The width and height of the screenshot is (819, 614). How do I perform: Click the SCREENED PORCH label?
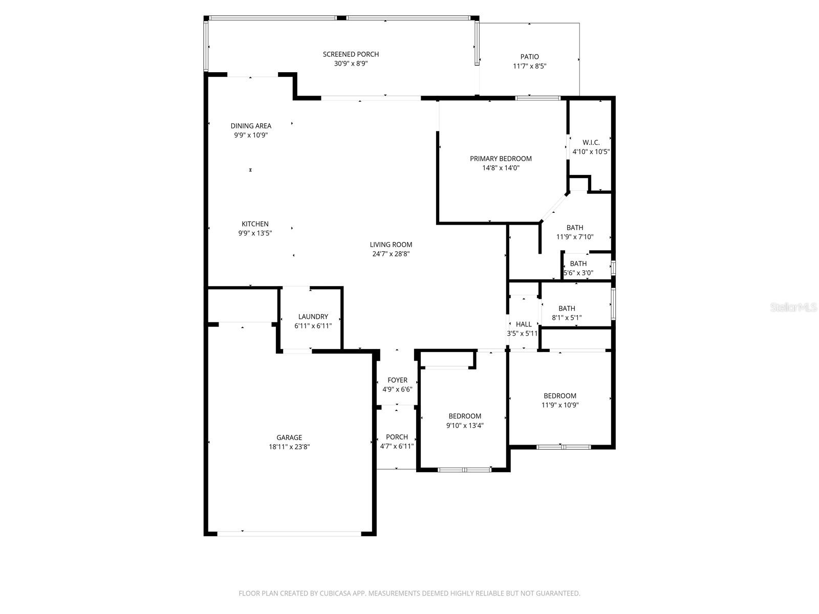[x=351, y=54]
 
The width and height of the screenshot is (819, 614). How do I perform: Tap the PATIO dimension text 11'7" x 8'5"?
[x=530, y=66]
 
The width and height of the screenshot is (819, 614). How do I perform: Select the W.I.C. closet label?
[x=591, y=142]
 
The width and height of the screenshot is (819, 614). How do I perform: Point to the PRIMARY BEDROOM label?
[x=501, y=159]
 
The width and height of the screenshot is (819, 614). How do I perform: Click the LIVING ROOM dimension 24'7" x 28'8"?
[x=391, y=254]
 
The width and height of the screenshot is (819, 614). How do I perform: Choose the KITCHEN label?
[x=255, y=224]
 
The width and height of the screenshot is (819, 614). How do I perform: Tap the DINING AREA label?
[x=251, y=126]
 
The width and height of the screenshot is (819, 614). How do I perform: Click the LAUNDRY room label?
[x=313, y=317]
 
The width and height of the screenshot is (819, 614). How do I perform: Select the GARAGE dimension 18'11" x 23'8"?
[x=289, y=447]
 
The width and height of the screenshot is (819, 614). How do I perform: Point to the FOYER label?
[x=397, y=380]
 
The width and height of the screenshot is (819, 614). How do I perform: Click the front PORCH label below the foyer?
[x=397, y=437]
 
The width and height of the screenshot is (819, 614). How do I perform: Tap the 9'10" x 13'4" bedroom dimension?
[x=465, y=425]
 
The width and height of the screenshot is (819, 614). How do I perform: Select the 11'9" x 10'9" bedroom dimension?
[x=560, y=405]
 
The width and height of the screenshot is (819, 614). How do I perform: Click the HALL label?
[x=524, y=324]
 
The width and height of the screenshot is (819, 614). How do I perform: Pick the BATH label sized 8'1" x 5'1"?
[x=567, y=309]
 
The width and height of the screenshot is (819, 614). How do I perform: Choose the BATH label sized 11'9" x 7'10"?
[x=575, y=228]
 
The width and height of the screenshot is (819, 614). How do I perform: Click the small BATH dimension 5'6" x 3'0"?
[x=578, y=273]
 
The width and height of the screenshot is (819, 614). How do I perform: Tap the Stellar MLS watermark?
[x=793, y=308]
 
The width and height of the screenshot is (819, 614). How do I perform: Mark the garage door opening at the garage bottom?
[x=289, y=533]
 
